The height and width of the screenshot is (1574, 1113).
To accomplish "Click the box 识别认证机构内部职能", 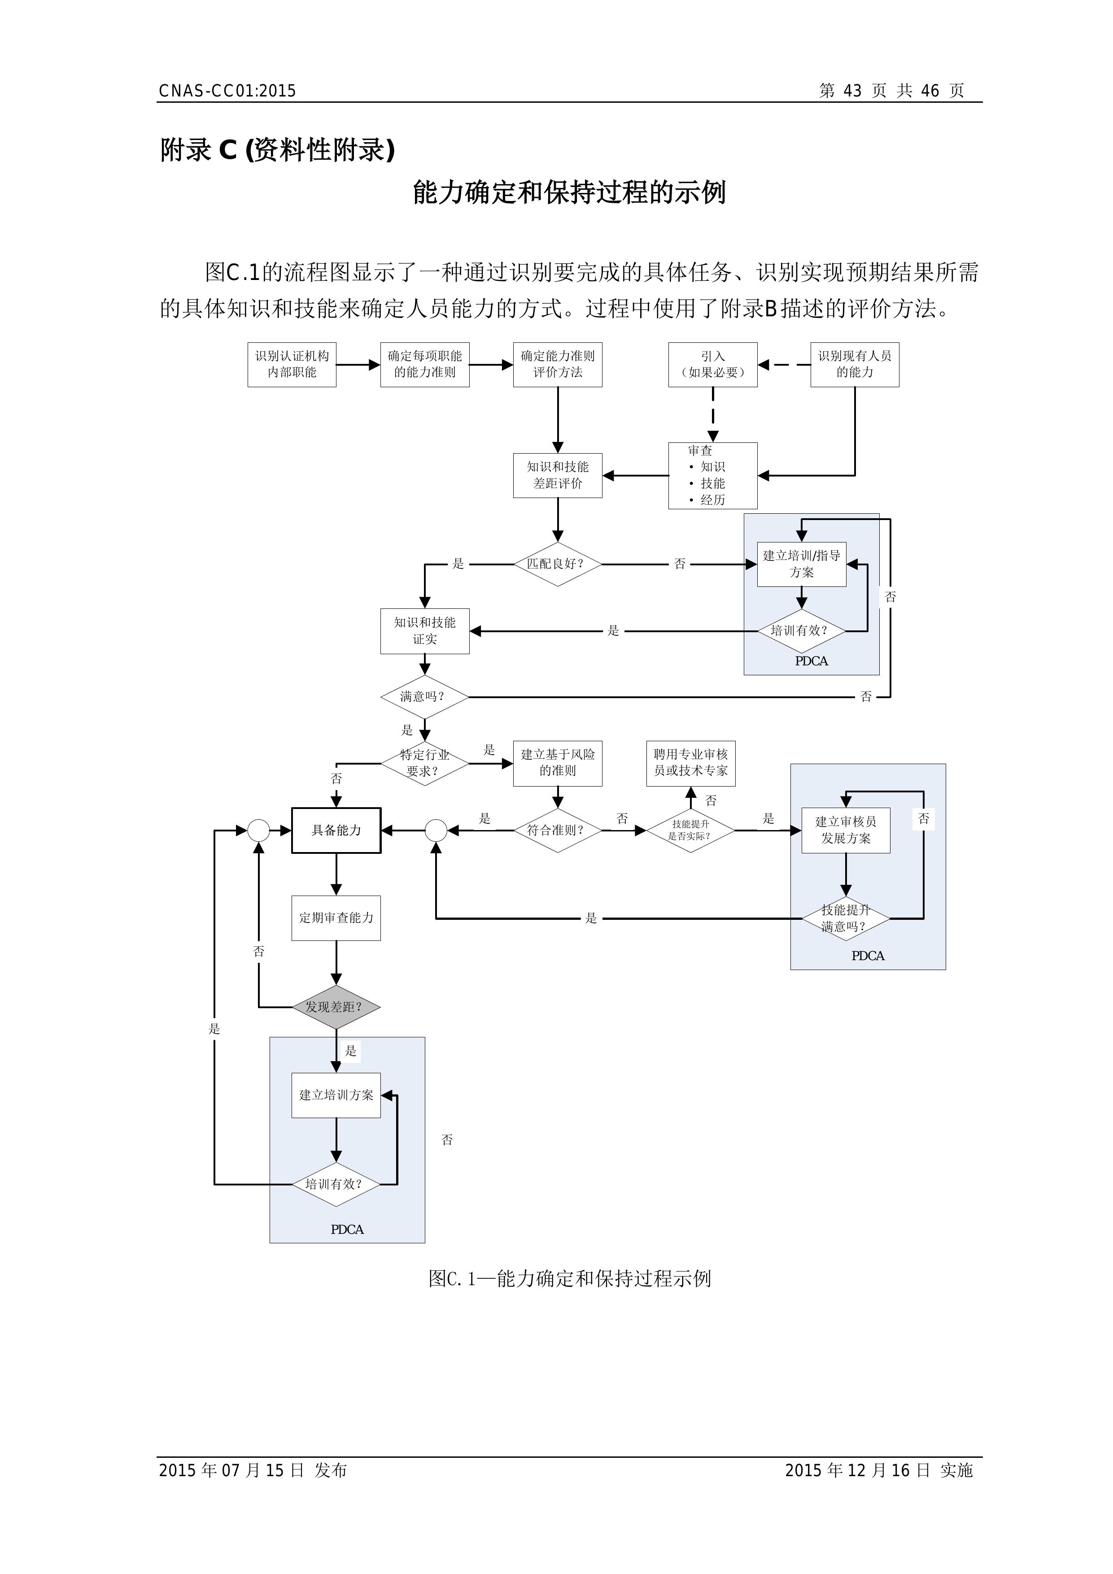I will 292,365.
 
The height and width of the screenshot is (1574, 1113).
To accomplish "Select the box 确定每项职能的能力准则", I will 425,365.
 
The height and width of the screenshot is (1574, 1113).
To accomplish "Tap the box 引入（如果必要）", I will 713,365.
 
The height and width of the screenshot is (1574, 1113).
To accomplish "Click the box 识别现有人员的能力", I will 855,365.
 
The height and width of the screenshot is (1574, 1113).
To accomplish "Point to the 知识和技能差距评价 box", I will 558,475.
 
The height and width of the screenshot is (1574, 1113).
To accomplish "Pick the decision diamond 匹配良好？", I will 558,564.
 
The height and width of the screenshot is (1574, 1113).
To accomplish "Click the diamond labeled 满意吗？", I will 425,696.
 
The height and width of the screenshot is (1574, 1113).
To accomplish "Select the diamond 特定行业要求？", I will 425,763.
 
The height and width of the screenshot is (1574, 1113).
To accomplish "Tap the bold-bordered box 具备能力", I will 336,830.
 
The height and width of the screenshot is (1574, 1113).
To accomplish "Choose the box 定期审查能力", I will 336,918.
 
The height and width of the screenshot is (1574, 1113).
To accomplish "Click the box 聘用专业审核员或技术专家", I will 691,763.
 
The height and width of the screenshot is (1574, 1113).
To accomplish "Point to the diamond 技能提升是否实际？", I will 691,830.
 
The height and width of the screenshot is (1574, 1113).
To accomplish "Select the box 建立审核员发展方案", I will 846,830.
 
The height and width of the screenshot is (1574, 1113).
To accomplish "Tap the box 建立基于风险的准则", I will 558,763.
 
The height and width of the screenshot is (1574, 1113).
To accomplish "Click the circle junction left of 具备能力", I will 258,830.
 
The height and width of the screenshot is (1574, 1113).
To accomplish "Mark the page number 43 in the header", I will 852,91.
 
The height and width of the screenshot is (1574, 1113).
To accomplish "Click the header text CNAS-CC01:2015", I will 227,91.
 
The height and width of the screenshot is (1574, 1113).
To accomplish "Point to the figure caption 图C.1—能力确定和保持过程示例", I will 570,1278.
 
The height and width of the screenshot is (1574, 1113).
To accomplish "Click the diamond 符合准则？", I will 558,830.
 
